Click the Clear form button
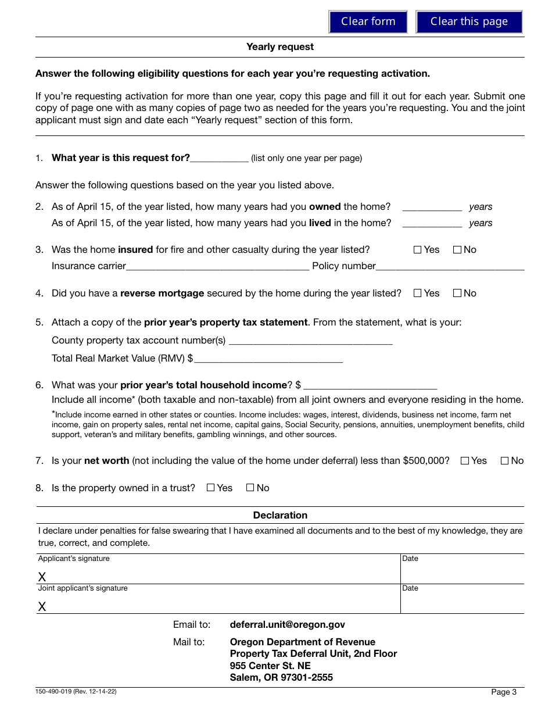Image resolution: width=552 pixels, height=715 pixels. coord(368,22)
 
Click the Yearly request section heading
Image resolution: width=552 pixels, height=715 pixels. coord(279,47)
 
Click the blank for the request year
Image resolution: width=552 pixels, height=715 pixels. coord(219,158)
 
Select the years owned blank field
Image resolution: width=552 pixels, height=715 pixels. coord(432,206)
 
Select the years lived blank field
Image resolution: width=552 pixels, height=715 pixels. coord(432,223)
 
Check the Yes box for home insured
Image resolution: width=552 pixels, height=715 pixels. coord(417,250)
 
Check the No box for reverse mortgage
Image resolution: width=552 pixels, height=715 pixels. coord(457,294)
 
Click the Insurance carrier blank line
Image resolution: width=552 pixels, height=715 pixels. coord(217,266)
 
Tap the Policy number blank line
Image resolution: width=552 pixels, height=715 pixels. coord(450,266)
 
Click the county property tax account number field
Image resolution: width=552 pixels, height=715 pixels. coord(310,340)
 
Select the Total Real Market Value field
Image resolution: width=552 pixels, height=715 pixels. coord(268,358)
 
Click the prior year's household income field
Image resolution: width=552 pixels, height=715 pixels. coord(370,385)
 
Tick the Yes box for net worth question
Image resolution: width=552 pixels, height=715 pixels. coord(464,461)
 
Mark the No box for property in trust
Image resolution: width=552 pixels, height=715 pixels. coord(250,488)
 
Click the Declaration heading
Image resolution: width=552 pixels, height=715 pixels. coord(279,516)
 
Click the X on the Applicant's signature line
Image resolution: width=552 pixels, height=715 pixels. coord(42,577)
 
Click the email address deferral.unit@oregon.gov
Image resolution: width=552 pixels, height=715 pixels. coord(287,625)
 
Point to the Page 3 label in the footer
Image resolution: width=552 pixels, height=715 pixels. coord(503,692)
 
